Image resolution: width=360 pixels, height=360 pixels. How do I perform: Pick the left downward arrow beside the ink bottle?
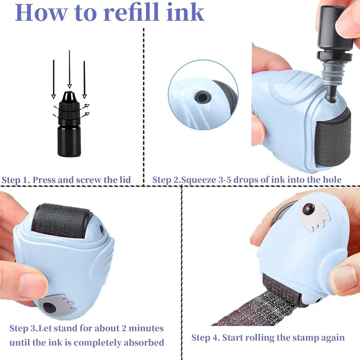point(53,79)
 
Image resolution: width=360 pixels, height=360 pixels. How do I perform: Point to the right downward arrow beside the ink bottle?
point(84,79)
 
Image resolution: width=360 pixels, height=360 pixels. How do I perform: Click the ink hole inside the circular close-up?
point(201,97)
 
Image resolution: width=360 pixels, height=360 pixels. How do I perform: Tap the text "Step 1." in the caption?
point(17,180)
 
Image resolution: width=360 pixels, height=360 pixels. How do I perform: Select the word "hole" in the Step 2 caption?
point(332,180)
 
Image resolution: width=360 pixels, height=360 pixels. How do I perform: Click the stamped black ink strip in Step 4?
point(252,310)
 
